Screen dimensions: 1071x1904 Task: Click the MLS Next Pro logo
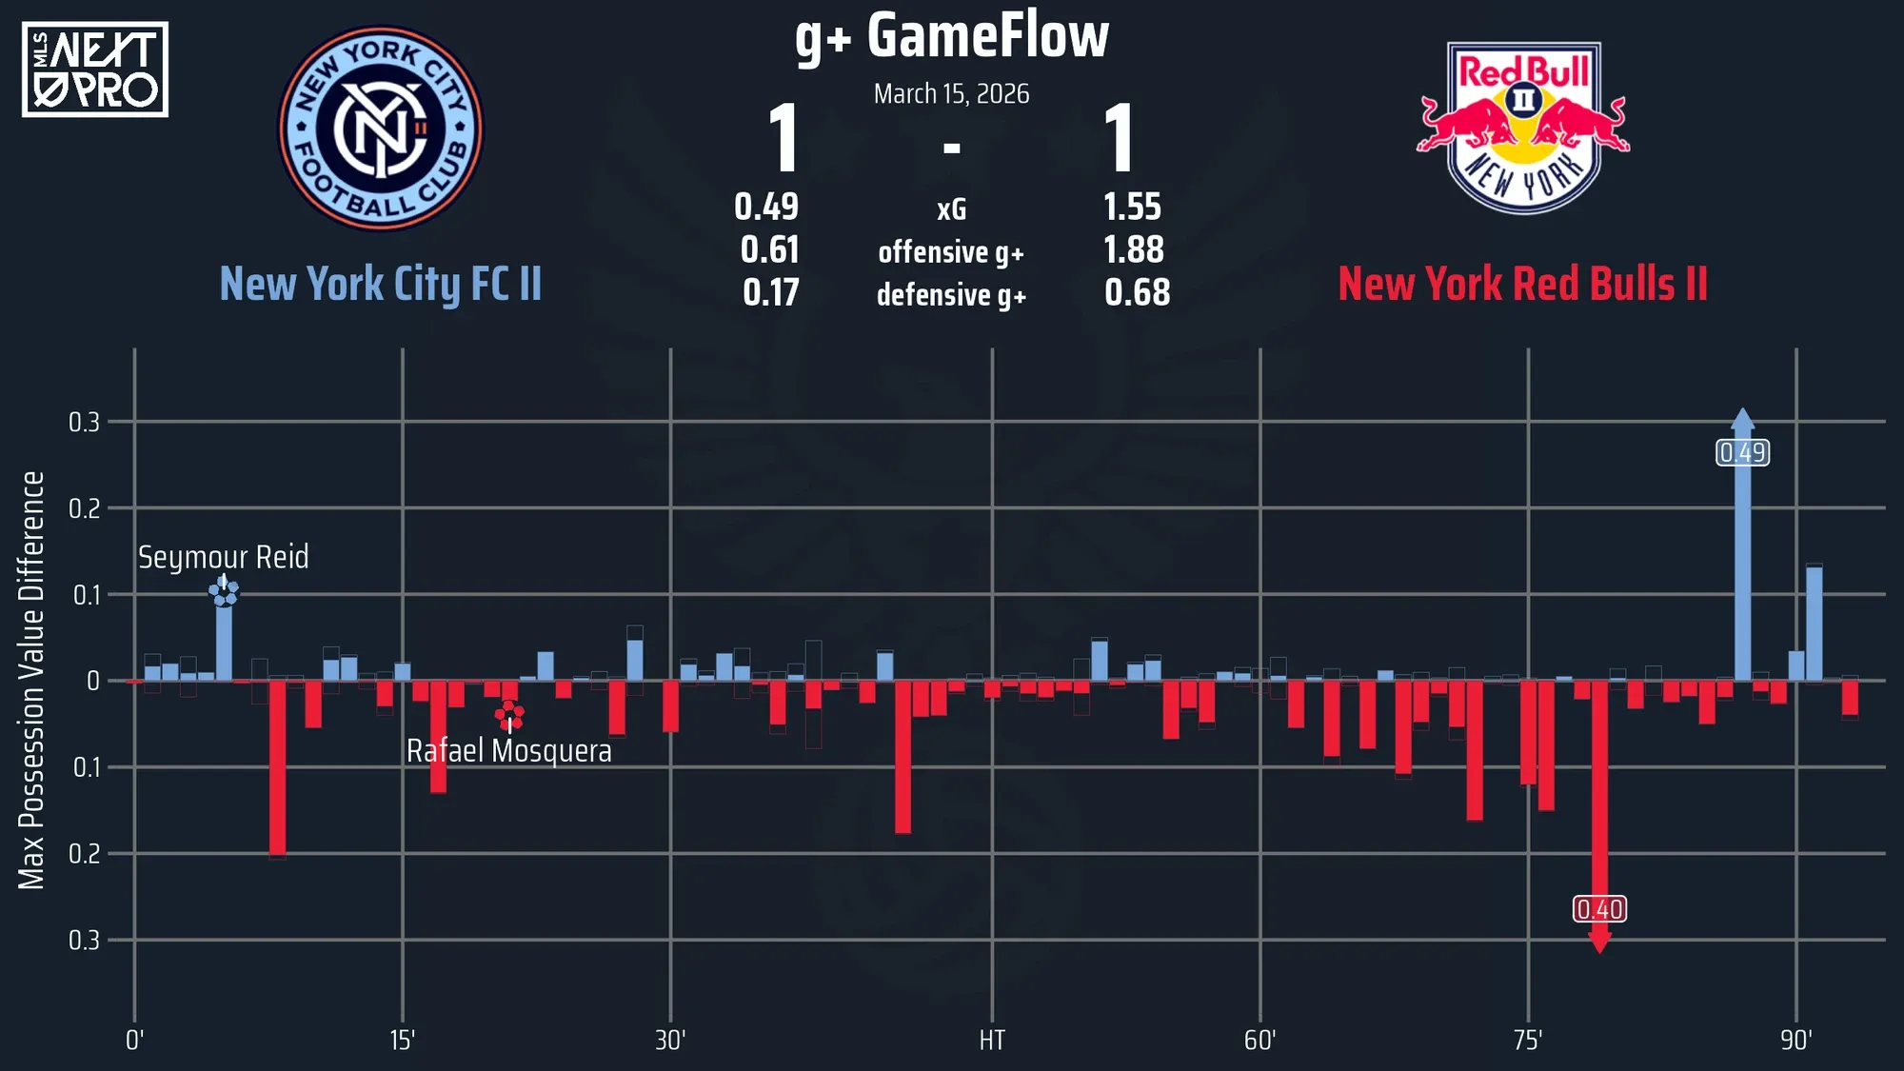[x=95, y=69]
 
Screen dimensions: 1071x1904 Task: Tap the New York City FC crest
[x=381, y=129]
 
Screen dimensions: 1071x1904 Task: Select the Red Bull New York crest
[x=1523, y=127]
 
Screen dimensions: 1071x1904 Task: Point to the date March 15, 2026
[x=952, y=94]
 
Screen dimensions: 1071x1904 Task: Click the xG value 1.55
[x=1132, y=207]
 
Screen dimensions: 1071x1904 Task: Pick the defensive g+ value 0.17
[x=770, y=293]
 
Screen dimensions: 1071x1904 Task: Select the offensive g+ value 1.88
[x=1133, y=250]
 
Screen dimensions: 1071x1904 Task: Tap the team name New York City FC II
[x=381, y=284]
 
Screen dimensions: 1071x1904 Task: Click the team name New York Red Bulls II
[x=1522, y=284]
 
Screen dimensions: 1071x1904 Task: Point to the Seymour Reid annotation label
[x=224, y=557]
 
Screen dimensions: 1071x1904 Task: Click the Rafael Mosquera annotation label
[x=509, y=751]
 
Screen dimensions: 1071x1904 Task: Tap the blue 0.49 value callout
[x=1742, y=453]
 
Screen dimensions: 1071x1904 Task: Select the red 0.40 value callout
[x=1599, y=910]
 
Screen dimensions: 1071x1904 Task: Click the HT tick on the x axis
[x=992, y=1041]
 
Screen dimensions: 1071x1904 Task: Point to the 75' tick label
[x=1528, y=1041]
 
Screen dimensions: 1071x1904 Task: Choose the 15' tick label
[x=403, y=1041]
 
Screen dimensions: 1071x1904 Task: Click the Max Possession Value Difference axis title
[x=31, y=681]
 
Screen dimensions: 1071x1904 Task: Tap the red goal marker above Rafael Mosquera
[x=509, y=714]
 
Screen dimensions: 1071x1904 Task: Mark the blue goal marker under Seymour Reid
[x=224, y=592]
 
